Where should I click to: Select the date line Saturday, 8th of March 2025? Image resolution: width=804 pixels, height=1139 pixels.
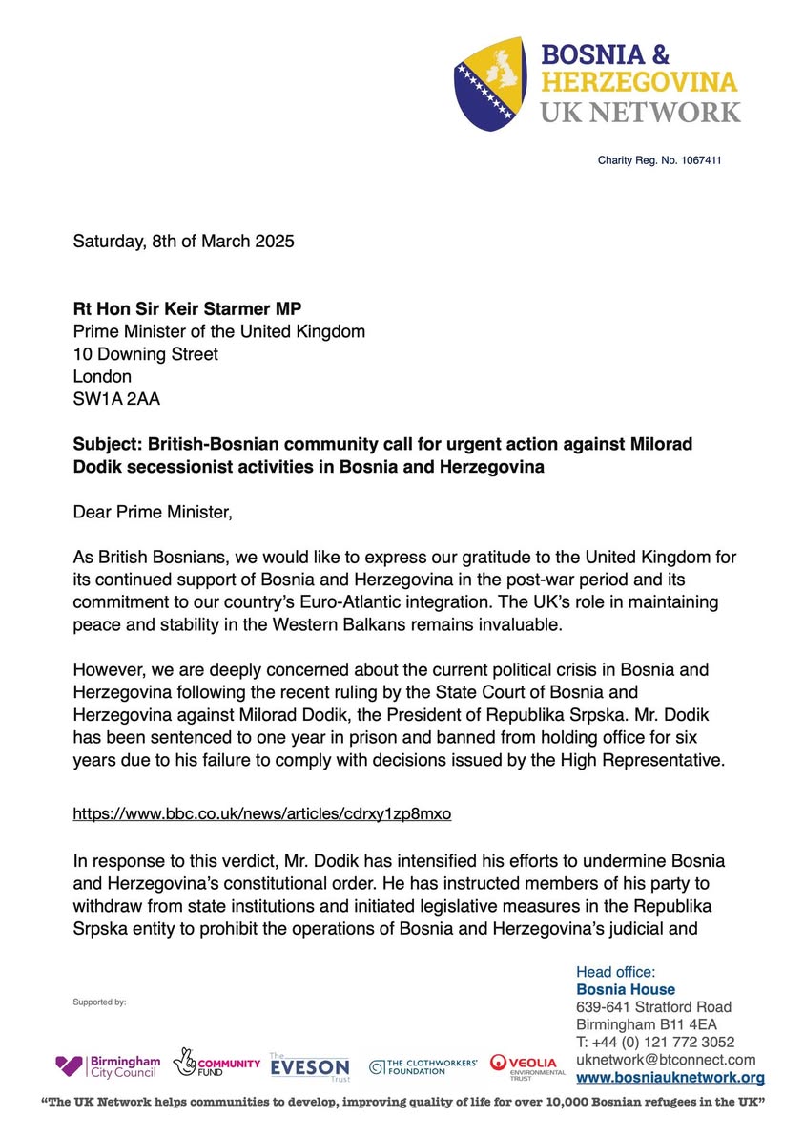coord(184,241)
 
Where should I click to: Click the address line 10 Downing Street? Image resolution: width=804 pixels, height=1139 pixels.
coord(146,354)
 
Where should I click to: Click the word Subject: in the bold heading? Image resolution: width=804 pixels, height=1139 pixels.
coord(108,444)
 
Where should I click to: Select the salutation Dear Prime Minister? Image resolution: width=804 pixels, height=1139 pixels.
coord(153,513)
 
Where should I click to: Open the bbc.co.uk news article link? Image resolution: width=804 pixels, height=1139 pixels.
coord(262,814)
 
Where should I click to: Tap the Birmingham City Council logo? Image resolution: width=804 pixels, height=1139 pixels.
coord(108,1065)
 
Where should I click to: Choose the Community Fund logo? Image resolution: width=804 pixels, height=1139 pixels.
coord(216,1064)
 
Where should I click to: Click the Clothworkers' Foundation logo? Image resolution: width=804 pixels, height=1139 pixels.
coord(423,1066)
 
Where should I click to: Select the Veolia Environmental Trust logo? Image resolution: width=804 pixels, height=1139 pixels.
coord(527,1065)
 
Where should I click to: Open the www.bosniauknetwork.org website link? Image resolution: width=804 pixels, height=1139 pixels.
coord(670,1078)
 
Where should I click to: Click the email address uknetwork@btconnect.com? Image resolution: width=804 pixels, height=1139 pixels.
coord(666,1060)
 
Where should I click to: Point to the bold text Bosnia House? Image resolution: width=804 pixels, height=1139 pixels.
coord(625,989)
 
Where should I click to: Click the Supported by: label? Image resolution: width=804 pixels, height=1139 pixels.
coord(99,1002)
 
